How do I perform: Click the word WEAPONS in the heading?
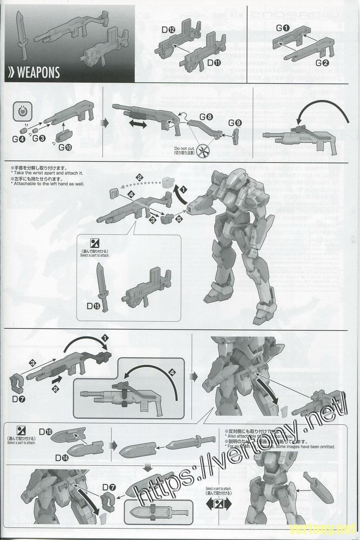point(38,72)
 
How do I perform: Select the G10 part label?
point(65,146)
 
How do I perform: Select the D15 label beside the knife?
point(94,306)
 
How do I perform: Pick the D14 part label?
point(63,458)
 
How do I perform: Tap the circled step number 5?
point(179,219)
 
